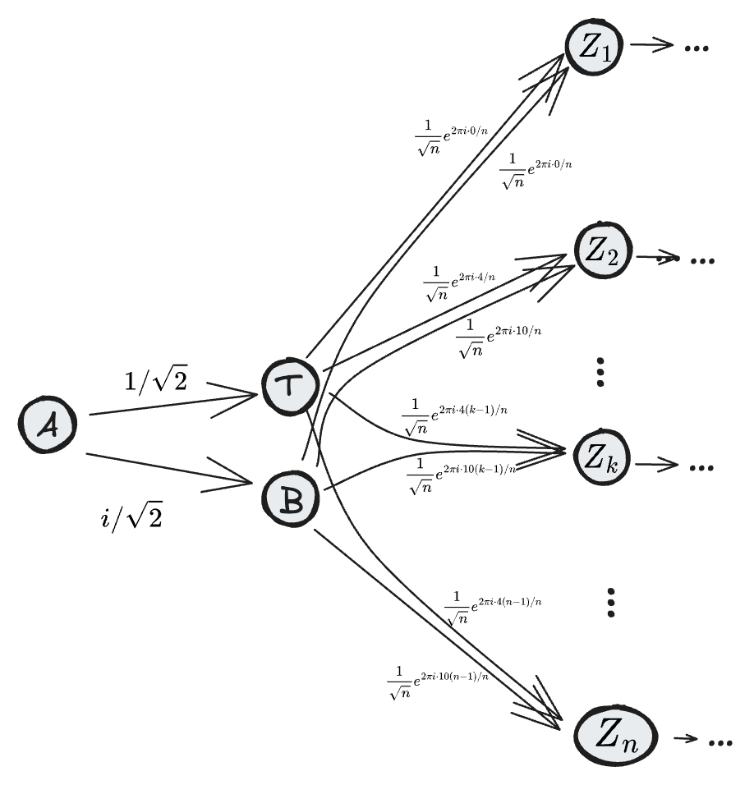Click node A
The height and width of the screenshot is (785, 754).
click(x=48, y=426)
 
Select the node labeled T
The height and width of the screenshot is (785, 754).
click(x=289, y=387)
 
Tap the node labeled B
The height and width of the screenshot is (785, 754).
click(x=290, y=497)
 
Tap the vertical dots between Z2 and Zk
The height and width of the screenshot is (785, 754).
click(x=600, y=372)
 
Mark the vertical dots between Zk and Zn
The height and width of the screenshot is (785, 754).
click(x=609, y=602)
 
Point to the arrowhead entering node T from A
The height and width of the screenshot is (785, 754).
click(x=246, y=397)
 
